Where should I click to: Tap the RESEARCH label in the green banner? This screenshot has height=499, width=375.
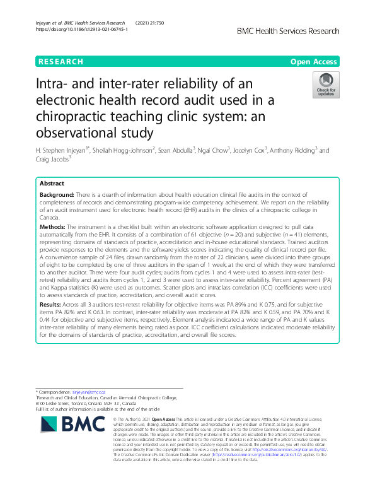[x=61, y=62]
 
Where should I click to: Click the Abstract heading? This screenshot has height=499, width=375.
[x=52, y=184]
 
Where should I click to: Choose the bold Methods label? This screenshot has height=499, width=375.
[x=54, y=225]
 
